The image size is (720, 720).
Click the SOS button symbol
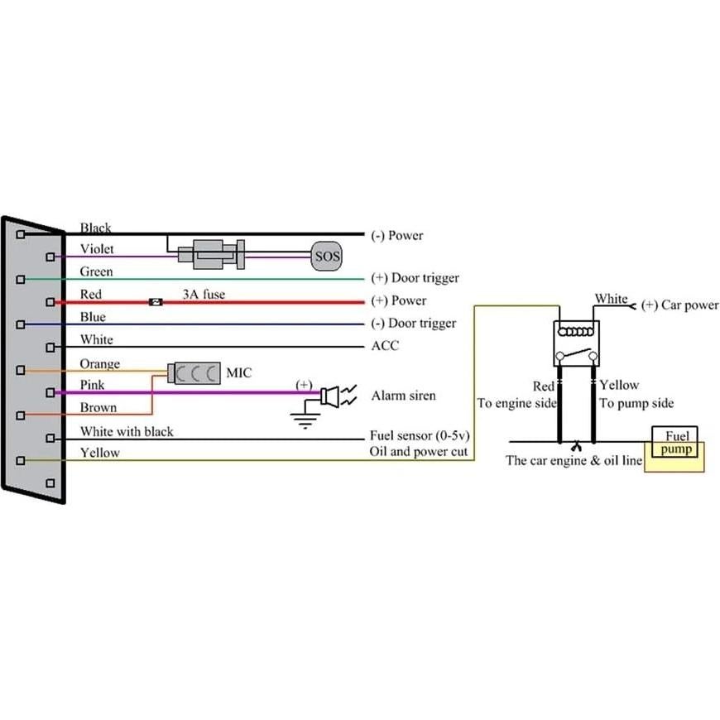click(x=326, y=257)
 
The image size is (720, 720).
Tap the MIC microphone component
click(x=194, y=372)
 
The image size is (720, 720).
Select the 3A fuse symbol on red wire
click(x=155, y=302)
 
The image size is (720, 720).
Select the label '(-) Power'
click(x=396, y=236)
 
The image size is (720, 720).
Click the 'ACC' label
click(x=384, y=345)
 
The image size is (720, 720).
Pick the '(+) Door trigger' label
click(x=415, y=278)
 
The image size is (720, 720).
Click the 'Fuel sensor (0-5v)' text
click(x=419, y=435)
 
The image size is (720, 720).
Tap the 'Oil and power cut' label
click(x=419, y=452)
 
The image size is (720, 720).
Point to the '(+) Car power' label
click(x=679, y=305)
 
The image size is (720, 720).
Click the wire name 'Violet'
click(x=97, y=249)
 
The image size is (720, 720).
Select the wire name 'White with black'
click(x=127, y=431)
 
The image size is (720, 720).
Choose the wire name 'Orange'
click(x=99, y=363)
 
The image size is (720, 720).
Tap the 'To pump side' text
click(x=636, y=403)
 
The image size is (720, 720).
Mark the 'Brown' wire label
click(x=98, y=407)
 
